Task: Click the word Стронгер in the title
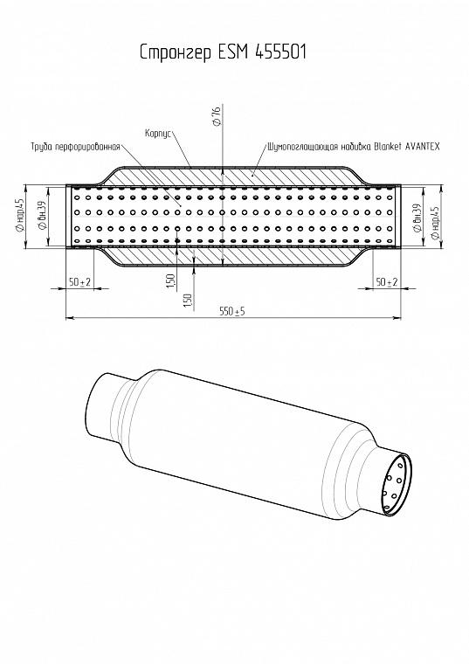[x=176, y=52]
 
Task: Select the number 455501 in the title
[x=280, y=52]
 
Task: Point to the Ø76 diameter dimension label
[x=217, y=116]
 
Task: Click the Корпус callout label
[x=158, y=134]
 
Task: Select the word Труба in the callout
[x=41, y=147]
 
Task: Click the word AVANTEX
[x=423, y=147]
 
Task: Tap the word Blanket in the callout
[x=388, y=147]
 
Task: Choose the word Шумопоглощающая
[x=302, y=147]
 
